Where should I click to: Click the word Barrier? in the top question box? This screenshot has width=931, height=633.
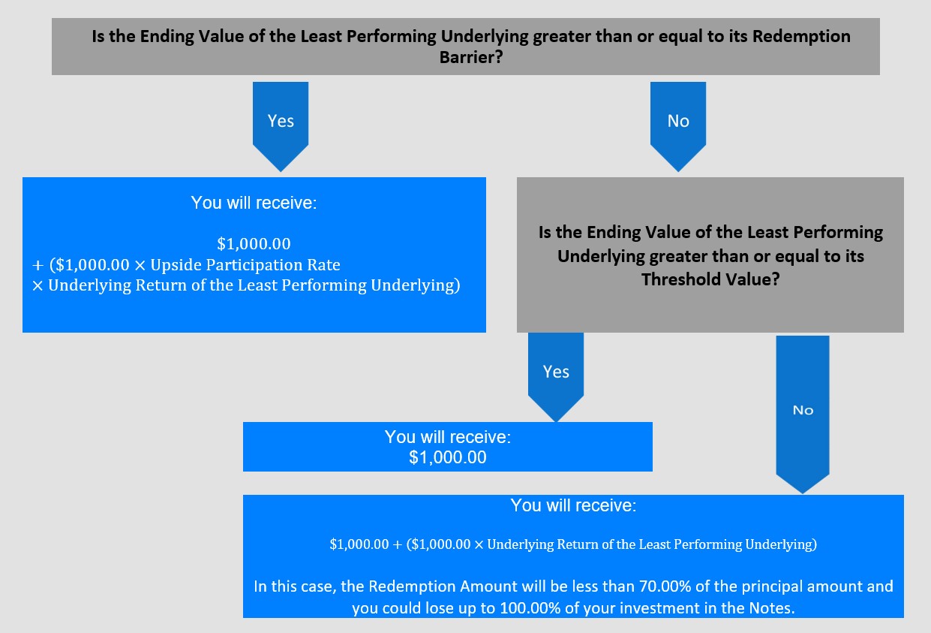(x=471, y=57)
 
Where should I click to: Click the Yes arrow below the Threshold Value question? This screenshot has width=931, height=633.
(x=556, y=377)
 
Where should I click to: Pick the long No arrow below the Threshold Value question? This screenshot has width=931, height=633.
(x=803, y=414)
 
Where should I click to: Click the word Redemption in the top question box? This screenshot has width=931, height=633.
(x=801, y=37)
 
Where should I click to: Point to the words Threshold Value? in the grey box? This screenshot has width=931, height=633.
(x=710, y=279)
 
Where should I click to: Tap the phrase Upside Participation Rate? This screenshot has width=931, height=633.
(x=245, y=265)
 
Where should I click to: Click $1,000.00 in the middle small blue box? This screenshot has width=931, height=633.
(x=448, y=457)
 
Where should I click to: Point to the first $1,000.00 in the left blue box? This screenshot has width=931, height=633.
(x=254, y=244)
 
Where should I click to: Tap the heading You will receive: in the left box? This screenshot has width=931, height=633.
(x=254, y=203)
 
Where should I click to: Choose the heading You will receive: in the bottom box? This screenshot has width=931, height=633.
(x=573, y=505)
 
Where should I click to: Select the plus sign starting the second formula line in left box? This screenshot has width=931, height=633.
(x=38, y=265)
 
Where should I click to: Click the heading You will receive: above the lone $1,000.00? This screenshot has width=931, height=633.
(x=448, y=437)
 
